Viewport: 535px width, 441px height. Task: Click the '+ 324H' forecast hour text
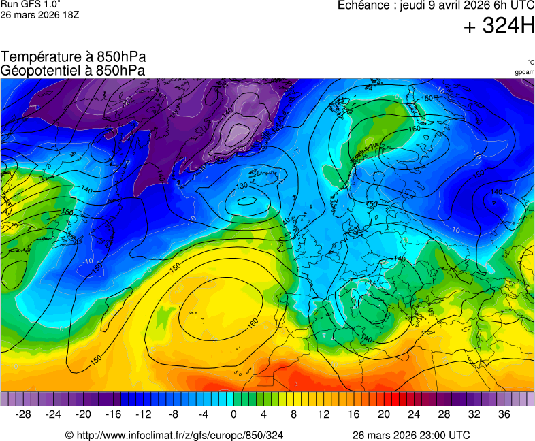pos(499,27)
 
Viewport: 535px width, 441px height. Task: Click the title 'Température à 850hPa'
pos(73,57)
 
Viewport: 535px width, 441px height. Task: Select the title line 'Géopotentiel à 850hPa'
pos(73,70)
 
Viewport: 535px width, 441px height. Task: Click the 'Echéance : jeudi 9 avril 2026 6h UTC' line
pos(436,5)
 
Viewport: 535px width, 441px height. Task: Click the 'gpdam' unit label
pos(524,72)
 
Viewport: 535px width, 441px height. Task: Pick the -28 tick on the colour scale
pos(24,414)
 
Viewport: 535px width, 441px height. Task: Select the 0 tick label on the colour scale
pos(233,414)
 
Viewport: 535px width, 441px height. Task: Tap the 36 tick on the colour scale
pos(504,414)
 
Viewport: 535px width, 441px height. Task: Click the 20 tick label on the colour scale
pos(383,414)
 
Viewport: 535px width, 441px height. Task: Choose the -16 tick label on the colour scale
pos(114,414)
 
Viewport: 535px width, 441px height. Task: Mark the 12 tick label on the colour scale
pos(323,414)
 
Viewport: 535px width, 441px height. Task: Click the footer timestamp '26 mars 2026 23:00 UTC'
pos(410,435)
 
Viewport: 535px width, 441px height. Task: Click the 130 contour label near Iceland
pos(242,186)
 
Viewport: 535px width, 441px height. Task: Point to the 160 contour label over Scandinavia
pos(415,129)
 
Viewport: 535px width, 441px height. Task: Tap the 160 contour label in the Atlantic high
pos(252,321)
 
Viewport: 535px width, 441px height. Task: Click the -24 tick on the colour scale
pos(54,414)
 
